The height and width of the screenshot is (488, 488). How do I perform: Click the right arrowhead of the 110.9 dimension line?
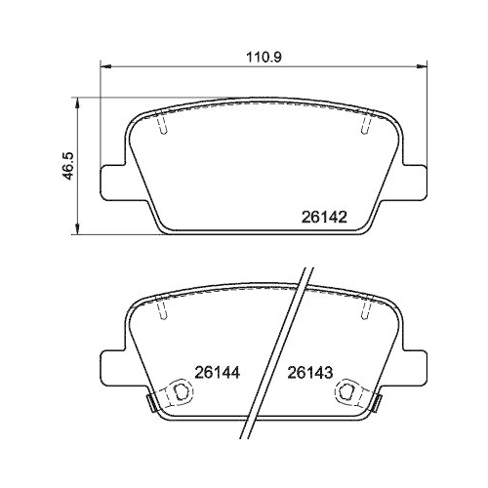pyautogui.click(x=422, y=67)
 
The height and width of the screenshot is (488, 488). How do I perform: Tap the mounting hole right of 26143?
pyautogui.click(x=347, y=392)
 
